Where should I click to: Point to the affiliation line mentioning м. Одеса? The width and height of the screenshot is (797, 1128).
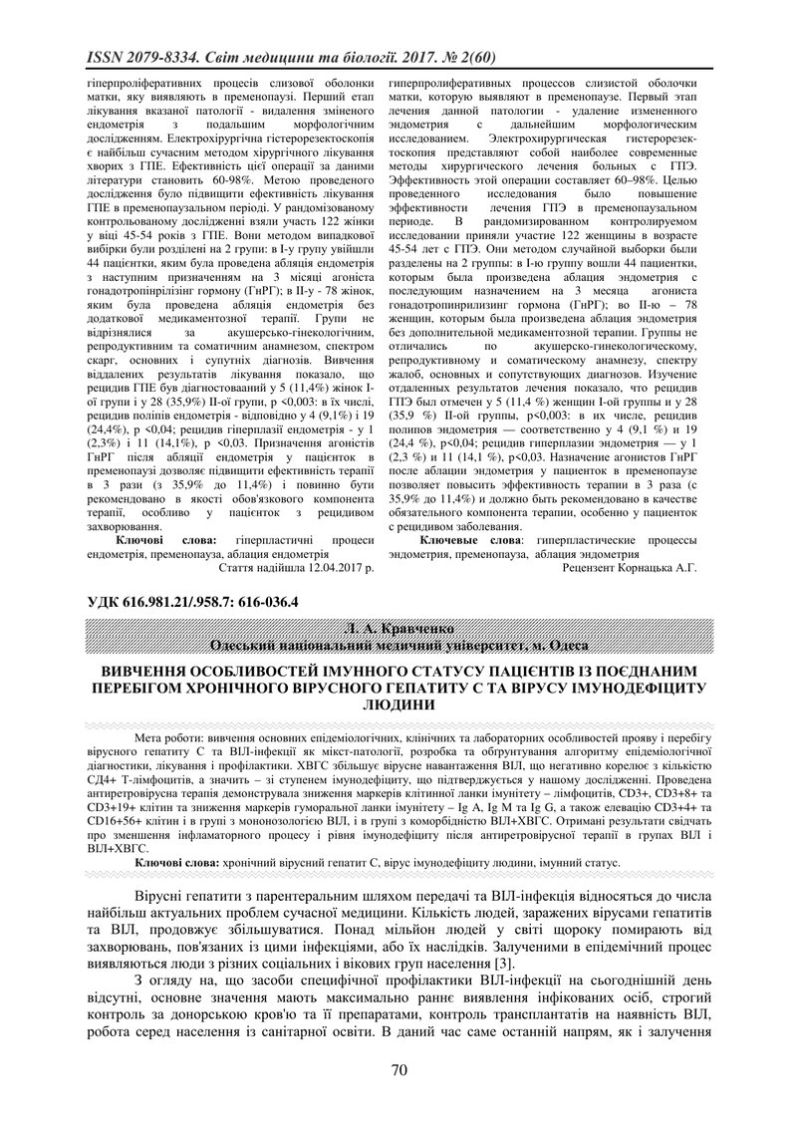tap(398, 645)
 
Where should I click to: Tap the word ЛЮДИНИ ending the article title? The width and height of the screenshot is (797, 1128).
tap(398, 703)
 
